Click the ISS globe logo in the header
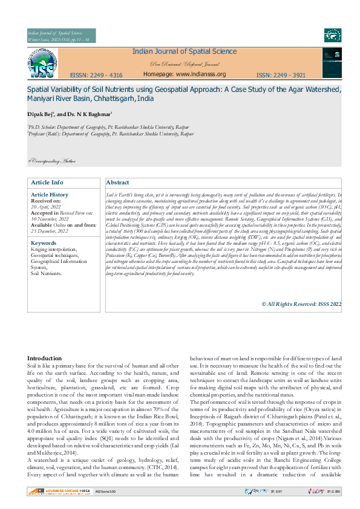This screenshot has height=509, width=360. coord(40,63)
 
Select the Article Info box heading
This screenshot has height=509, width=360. coord(47,183)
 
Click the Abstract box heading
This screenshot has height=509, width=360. coord(117,183)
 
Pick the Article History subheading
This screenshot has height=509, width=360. coord(50,195)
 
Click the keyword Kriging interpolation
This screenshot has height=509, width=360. coord(54,249)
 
